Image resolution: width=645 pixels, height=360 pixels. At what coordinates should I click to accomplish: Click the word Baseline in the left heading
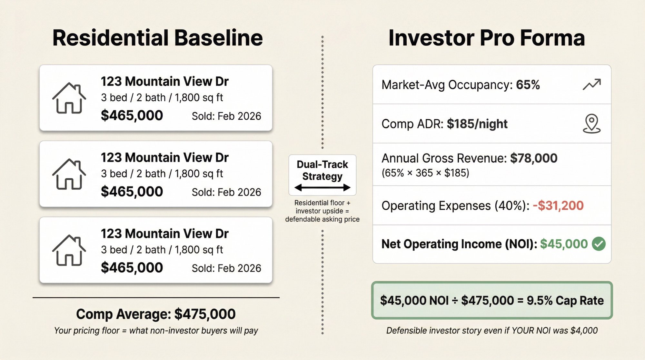coord(218,38)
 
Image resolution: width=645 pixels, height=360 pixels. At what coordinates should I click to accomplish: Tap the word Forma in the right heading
coord(552,38)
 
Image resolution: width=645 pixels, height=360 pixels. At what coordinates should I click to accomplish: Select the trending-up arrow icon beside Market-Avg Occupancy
coord(592,85)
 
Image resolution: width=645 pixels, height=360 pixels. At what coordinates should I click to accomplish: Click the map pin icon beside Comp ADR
coord(592,124)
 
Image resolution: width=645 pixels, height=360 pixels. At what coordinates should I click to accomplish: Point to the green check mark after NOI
coord(599,244)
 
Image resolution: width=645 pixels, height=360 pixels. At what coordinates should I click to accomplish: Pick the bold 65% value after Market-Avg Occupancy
coord(528,85)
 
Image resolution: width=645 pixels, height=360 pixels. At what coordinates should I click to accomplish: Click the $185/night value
coord(477,124)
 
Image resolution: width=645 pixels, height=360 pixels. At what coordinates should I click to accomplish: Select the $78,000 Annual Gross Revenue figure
coord(533,158)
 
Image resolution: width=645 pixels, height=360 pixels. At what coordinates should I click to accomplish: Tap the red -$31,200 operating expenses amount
coord(558,205)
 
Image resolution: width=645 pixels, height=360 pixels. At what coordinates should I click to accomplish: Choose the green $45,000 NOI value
coord(564,244)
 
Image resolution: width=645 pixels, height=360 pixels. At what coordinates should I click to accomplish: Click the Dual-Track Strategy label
coord(322,170)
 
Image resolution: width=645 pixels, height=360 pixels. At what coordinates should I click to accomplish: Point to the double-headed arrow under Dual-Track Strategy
coord(322,188)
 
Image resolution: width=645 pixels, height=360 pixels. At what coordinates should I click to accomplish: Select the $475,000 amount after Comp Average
coord(205,314)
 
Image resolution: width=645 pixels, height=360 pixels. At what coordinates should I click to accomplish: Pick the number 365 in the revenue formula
coord(424,173)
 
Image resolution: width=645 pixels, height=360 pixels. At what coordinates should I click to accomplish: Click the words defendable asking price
coord(322,219)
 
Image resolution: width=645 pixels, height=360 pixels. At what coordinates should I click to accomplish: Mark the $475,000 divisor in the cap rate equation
coord(487,300)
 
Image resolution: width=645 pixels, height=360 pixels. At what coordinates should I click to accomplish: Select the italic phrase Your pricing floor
coord(87,330)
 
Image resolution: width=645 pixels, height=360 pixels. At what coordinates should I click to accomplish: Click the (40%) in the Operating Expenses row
coord(509,205)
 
